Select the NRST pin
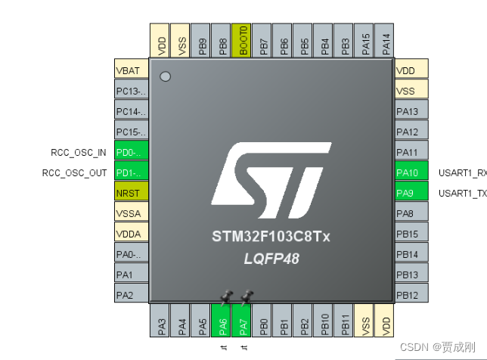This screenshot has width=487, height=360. click(x=131, y=193)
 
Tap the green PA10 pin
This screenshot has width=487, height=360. click(x=411, y=172)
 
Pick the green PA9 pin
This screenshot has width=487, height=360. click(x=411, y=193)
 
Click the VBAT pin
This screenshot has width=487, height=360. click(x=131, y=70)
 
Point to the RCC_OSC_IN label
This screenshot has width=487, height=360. click(x=79, y=152)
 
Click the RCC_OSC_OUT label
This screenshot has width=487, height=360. click(x=75, y=172)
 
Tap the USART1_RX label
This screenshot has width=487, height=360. click(x=462, y=172)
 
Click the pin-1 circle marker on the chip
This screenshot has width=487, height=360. click(x=166, y=76)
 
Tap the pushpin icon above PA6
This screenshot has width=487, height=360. click(x=225, y=296)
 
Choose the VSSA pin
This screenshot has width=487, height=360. click(x=131, y=213)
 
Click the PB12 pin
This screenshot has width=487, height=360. click(x=411, y=295)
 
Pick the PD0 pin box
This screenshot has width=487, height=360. click(x=131, y=152)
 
